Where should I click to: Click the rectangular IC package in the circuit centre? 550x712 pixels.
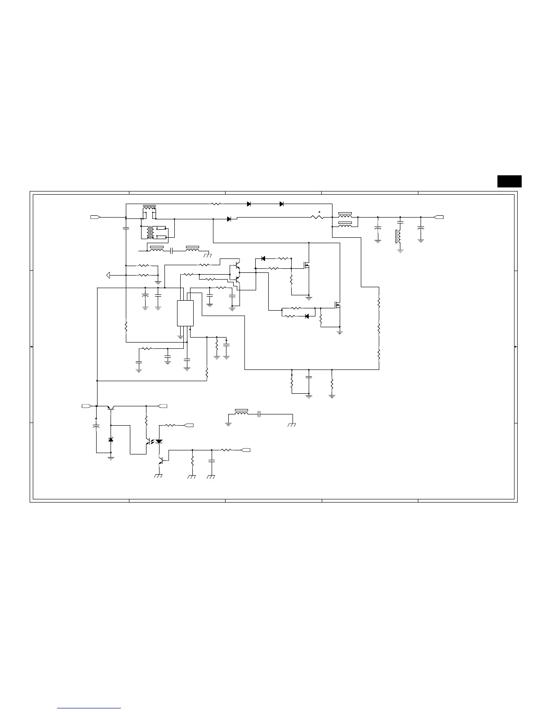[186, 313]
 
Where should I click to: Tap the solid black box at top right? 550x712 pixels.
[509, 181]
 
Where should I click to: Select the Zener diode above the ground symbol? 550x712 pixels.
[111, 439]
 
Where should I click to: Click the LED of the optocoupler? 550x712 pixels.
[159, 442]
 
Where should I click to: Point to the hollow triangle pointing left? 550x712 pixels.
[107, 275]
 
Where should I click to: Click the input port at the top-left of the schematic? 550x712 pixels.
[95, 218]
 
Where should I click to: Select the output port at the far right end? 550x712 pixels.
[439, 218]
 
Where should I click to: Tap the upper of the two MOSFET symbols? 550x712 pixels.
[307, 265]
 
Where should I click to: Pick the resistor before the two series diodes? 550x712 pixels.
[216, 204]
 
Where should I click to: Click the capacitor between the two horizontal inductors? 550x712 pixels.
[172, 250]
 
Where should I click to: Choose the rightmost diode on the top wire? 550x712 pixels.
[281, 204]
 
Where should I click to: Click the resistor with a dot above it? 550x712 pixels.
[318, 218]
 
